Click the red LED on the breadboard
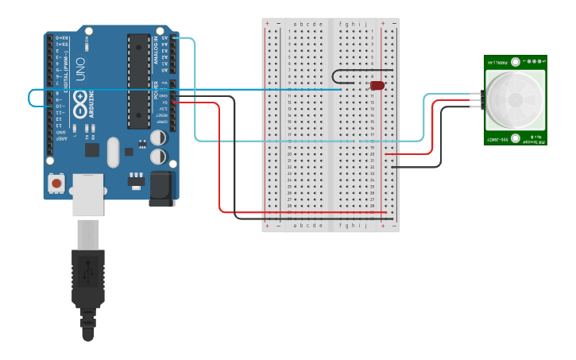(377, 85)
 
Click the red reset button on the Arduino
(56, 183)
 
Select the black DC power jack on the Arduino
(162, 188)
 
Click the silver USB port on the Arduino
(87, 195)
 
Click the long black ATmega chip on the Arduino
(138, 80)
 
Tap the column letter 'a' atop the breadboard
(295, 24)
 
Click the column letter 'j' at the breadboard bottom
(365, 226)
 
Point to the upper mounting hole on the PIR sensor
(515, 61)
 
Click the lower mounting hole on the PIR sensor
(515, 138)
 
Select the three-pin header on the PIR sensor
(479, 100)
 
